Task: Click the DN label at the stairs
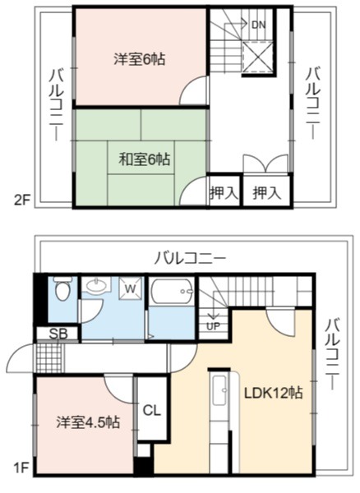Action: (x=258, y=25)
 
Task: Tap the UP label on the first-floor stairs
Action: (x=213, y=326)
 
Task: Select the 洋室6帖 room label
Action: (x=140, y=59)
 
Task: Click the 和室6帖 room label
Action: (x=145, y=159)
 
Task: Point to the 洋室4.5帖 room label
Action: (x=88, y=422)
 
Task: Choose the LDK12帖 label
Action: (x=274, y=393)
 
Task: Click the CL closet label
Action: (x=152, y=410)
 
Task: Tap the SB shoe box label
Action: (x=58, y=334)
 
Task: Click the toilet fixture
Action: (x=62, y=288)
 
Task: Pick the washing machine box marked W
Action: (x=131, y=288)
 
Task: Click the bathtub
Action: (x=171, y=291)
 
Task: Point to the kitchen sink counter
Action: (x=220, y=390)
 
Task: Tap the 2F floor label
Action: (x=21, y=200)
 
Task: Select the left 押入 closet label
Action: (x=224, y=192)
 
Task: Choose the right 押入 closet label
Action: (x=267, y=192)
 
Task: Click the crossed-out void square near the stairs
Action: (x=258, y=58)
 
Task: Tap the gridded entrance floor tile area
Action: (x=49, y=358)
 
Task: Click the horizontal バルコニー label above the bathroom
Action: (x=190, y=259)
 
